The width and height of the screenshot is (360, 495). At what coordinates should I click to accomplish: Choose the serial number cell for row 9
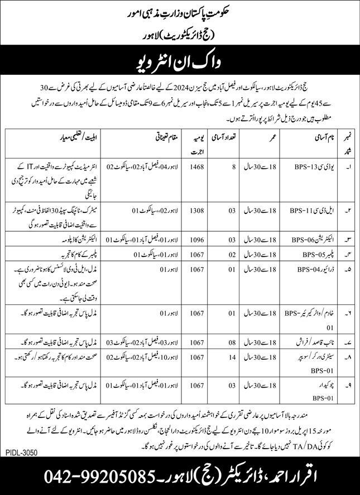348,385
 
